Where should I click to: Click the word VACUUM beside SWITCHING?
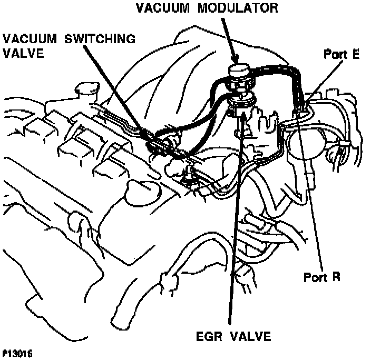click(31, 39)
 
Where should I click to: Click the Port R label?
click(323, 277)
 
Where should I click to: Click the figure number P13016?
click(17, 354)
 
